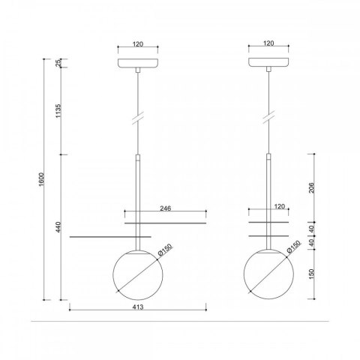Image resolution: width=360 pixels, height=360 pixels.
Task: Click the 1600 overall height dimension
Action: [x=41, y=179]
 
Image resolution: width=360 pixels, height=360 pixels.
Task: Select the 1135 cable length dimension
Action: [x=58, y=111]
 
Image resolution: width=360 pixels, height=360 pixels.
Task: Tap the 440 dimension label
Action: [x=58, y=227]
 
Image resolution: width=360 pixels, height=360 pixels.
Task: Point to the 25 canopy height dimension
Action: [x=58, y=63]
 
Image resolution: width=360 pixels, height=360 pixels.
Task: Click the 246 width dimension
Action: [x=166, y=208]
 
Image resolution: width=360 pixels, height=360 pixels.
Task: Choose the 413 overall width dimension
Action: [x=138, y=307]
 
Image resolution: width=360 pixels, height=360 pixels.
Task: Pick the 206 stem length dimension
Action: [x=311, y=188]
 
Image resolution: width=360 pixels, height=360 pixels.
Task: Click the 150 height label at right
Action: [x=311, y=274]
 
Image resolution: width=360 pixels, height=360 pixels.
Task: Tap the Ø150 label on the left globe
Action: [x=165, y=250]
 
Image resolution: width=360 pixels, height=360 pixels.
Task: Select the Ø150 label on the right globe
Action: [x=293, y=247]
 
